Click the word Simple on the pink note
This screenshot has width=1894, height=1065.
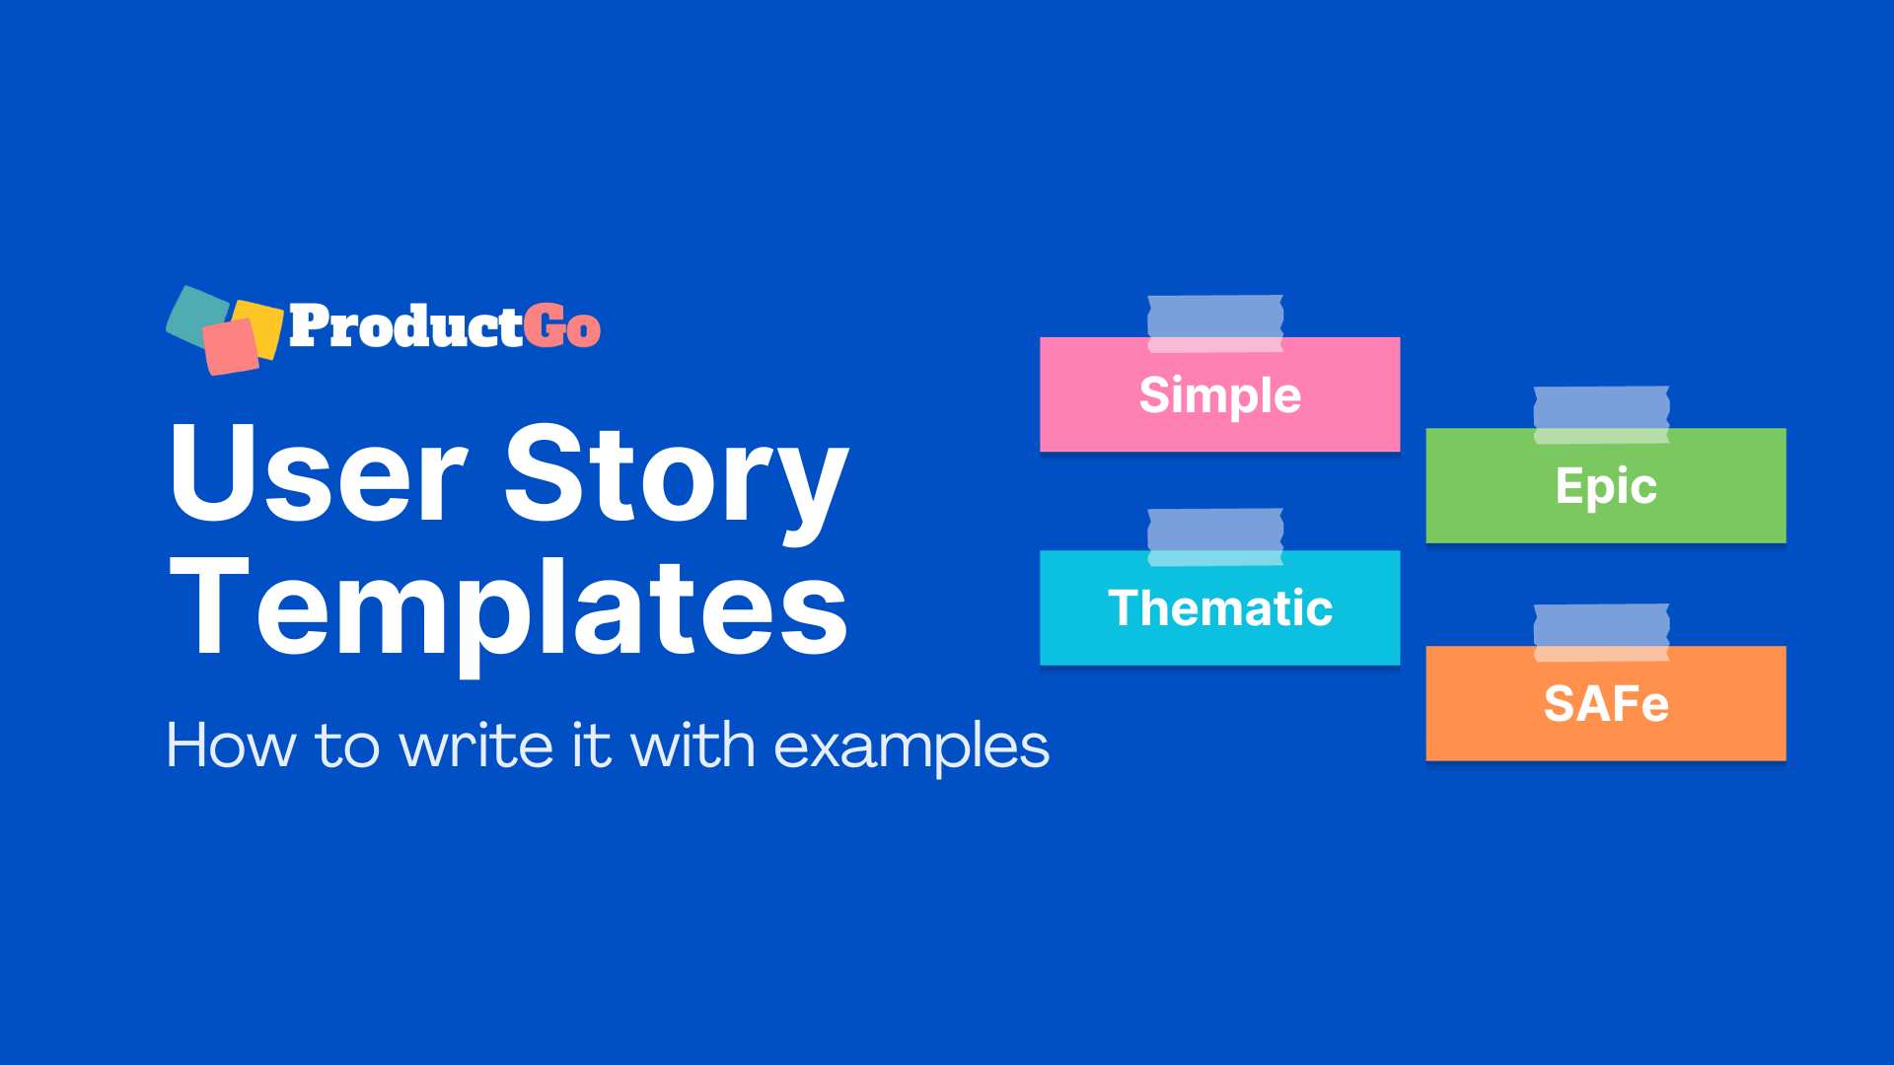coord(1219,395)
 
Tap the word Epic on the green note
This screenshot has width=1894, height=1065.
coord(1606,486)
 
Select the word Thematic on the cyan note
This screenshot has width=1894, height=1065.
coord(1220,607)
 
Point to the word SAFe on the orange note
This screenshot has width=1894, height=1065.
coord(1606,704)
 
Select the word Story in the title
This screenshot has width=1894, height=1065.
coord(677,475)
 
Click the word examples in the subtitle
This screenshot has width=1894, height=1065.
coord(911,746)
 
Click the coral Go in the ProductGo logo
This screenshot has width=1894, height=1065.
coord(561,326)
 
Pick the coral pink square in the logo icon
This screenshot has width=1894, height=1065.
coord(230,347)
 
